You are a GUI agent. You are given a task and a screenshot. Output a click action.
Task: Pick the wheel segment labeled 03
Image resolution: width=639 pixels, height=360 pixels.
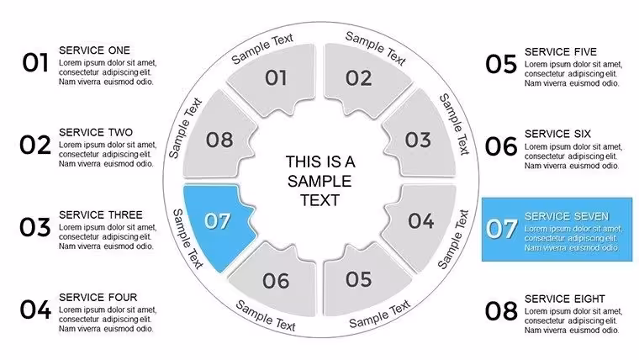pyautogui.click(x=420, y=139)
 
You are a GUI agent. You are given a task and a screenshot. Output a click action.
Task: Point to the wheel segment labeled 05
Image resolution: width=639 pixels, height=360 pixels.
pyautogui.click(x=361, y=281)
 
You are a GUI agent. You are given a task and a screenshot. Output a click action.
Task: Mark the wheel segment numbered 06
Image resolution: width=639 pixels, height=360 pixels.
pyautogui.click(x=277, y=282)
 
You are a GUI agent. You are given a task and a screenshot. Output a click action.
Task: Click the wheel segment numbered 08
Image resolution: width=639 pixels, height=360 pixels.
pyautogui.click(x=218, y=138)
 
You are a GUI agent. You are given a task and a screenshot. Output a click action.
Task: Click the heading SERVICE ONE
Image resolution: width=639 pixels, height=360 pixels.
pyautogui.click(x=94, y=50)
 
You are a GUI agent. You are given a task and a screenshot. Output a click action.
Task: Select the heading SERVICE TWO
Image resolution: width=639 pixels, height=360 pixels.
pyautogui.click(x=96, y=133)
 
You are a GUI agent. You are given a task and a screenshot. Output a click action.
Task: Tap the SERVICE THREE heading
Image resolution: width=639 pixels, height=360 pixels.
pyautogui.click(x=101, y=214)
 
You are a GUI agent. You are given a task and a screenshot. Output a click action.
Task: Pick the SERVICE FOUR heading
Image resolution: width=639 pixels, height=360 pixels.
pyautogui.click(x=98, y=297)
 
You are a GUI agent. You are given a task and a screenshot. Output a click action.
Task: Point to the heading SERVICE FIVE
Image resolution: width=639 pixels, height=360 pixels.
pyautogui.click(x=561, y=52)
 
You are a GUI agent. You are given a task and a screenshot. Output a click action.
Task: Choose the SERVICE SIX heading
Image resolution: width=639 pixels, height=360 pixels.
pyautogui.click(x=557, y=134)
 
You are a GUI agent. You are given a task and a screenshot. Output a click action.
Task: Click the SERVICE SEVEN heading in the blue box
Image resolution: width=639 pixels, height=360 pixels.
pyautogui.click(x=567, y=216)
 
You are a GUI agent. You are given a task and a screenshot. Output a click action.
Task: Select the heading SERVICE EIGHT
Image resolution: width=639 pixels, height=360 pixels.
pyautogui.click(x=565, y=299)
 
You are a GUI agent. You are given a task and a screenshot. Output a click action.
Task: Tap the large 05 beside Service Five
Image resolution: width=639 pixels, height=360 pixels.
pyautogui.click(x=501, y=65)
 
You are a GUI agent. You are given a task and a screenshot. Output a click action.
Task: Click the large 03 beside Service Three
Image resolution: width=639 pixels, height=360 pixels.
pyautogui.click(x=35, y=227)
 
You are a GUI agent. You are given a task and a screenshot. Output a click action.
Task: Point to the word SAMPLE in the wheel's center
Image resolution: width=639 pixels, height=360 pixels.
pyautogui.click(x=319, y=181)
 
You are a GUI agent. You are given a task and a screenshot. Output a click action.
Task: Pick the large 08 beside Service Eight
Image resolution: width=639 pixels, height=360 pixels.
pyautogui.click(x=501, y=311)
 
